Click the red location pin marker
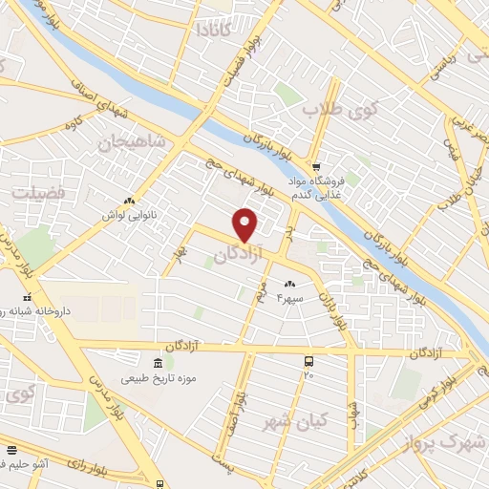(246, 224)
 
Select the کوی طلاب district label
(341, 111)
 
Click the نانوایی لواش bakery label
(128, 215)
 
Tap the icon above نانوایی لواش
(128, 202)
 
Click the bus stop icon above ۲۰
(308, 361)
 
